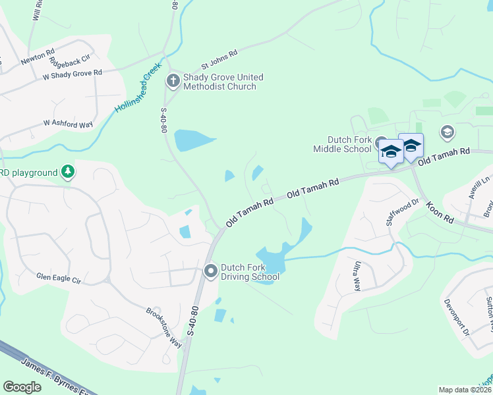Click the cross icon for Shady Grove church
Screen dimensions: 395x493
click(x=173, y=82)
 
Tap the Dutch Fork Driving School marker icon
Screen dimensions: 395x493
click(x=211, y=271)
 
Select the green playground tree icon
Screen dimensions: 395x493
click(x=67, y=172)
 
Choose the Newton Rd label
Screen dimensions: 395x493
click(x=38, y=59)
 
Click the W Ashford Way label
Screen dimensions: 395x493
click(x=68, y=124)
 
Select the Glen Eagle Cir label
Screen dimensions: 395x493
click(x=58, y=279)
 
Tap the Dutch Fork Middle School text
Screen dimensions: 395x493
click(x=350, y=144)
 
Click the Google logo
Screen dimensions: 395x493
click(x=22, y=387)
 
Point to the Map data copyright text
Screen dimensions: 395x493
click(x=465, y=390)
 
